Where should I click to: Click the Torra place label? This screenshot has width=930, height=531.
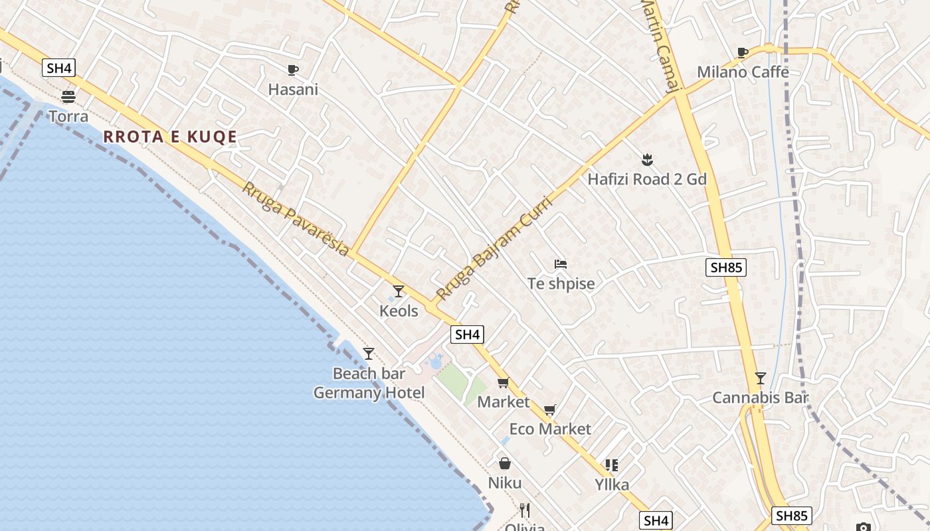click(x=68, y=117)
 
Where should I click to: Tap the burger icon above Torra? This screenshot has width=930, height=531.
click(x=68, y=97)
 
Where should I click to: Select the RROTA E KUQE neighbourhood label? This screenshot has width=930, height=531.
click(x=170, y=137)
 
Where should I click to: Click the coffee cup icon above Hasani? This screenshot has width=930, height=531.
click(x=293, y=70)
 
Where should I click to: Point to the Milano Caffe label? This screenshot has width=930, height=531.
click(x=743, y=72)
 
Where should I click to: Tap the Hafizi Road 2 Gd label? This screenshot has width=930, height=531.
click(x=647, y=179)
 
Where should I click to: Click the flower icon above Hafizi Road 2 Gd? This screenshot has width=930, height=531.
click(x=647, y=160)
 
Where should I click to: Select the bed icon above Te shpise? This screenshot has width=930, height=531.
click(x=561, y=264)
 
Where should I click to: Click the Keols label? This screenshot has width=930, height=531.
click(x=399, y=311)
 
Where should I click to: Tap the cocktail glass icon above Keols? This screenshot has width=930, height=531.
click(x=399, y=291)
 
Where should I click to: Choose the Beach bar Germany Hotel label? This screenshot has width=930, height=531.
click(x=369, y=384)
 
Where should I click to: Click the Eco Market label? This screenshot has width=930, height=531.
click(x=550, y=429)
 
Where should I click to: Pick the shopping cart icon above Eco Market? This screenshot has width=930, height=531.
click(x=549, y=410)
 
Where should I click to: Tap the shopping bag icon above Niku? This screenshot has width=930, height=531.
click(x=505, y=463)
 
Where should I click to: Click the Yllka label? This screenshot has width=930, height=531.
click(x=611, y=485)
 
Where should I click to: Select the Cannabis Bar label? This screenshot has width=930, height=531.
click(x=760, y=398)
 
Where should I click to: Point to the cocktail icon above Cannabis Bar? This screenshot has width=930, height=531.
click(x=761, y=378)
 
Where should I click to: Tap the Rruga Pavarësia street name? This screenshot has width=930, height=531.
click(x=295, y=219)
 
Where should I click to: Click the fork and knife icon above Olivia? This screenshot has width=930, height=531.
click(x=525, y=510)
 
